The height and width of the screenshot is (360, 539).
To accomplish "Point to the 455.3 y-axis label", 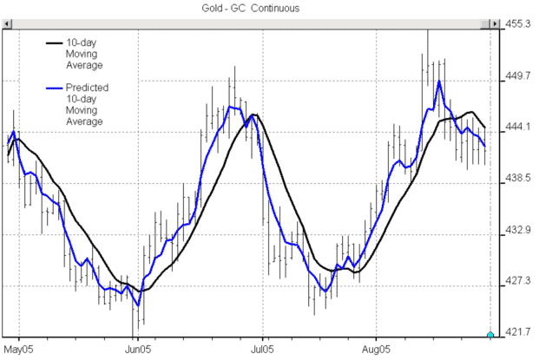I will point(520,25).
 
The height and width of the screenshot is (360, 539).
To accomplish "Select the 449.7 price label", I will point(520,76).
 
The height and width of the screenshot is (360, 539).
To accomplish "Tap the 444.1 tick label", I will point(520,127).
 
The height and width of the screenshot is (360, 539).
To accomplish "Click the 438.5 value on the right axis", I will point(520,178).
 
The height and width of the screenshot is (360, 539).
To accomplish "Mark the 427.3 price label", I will point(520,281).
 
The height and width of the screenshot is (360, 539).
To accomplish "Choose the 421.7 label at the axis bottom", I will point(520,332).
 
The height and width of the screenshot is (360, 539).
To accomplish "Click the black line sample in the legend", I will point(54,41).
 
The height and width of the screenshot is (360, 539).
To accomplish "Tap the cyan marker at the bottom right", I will point(490,335).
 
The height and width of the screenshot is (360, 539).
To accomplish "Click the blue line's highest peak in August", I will point(440,82).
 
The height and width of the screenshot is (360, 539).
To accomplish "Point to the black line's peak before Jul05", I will point(253,115).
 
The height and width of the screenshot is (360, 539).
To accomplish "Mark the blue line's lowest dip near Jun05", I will point(137,305).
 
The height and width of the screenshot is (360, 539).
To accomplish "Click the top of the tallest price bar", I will point(427,29).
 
